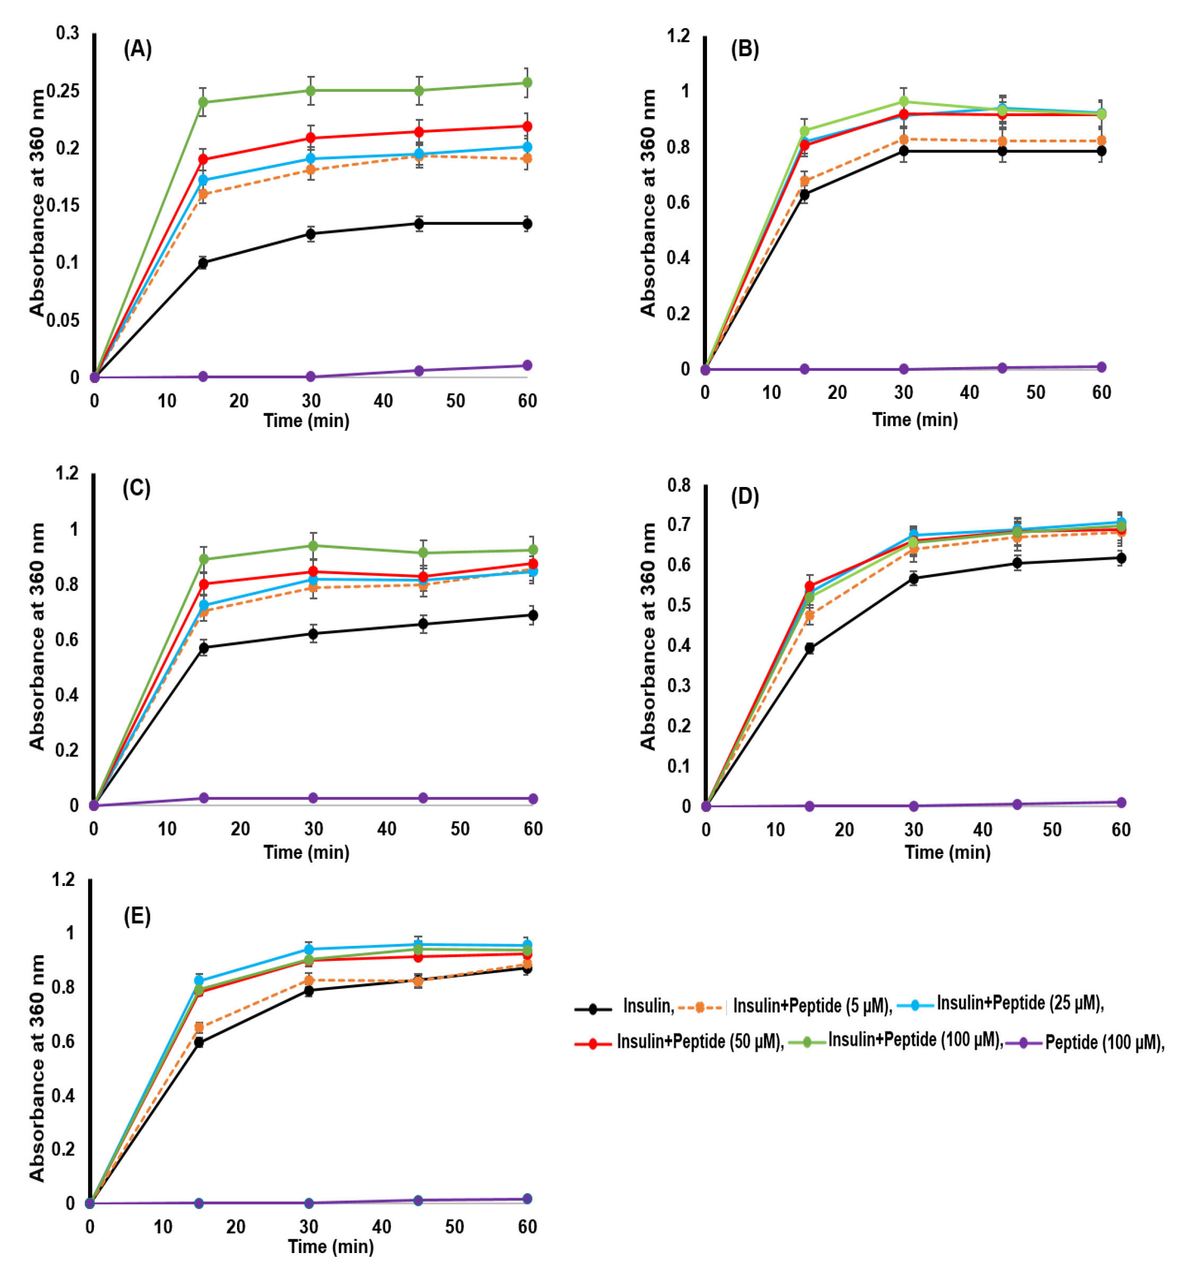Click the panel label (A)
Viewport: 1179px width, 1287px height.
coord(137,49)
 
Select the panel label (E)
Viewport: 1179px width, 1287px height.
coord(137,916)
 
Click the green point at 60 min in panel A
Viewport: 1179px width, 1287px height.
coord(527,83)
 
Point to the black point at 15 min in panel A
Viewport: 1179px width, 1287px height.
coord(203,263)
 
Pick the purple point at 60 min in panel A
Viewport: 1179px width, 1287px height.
coord(527,365)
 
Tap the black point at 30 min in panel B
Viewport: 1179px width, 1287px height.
coord(904,151)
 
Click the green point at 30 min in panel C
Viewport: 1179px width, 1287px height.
coord(313,546)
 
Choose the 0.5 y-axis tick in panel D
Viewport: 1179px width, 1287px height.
coord(678,605)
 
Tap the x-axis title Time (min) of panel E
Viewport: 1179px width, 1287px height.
coord(330,1246)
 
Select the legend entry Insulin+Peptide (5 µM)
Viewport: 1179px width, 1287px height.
coord(811,1006)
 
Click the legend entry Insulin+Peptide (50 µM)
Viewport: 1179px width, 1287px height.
coord(699,1042)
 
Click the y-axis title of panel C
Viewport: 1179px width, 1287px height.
coord(37,637)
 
